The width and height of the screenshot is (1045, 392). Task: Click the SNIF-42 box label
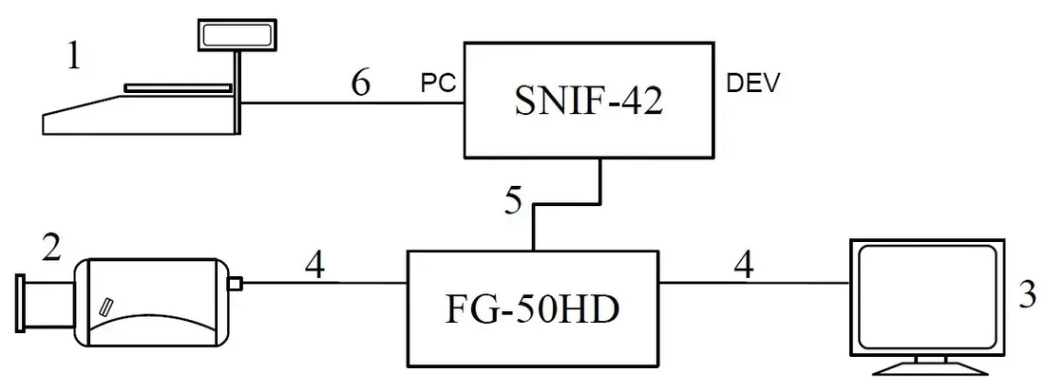[x=588, y=102]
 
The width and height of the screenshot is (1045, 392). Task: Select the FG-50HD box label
[x=533, y=310]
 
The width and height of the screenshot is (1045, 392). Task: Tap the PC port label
[x=439, y=83]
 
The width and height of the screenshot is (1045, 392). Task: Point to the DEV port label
[x=751, y=83]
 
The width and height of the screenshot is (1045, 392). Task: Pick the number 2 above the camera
[x=51, y=249]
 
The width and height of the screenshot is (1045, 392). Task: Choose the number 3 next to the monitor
[x=1028, y=295]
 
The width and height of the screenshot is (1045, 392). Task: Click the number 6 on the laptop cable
[x=361, y=84]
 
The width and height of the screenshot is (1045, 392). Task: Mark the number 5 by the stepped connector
[x=513, y=202]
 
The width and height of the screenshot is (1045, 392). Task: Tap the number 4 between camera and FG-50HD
[x=315, y=266]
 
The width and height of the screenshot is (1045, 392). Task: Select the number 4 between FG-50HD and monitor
[x=744, y=266]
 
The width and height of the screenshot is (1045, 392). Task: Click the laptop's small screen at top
[x=237, y=35]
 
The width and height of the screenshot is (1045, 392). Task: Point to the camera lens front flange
[x=21, y=303]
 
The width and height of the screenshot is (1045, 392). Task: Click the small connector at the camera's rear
[x=235, y=284]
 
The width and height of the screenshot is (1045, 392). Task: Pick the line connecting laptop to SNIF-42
[x=351, y=103]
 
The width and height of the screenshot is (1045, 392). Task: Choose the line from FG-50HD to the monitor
[x=754, y=282]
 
